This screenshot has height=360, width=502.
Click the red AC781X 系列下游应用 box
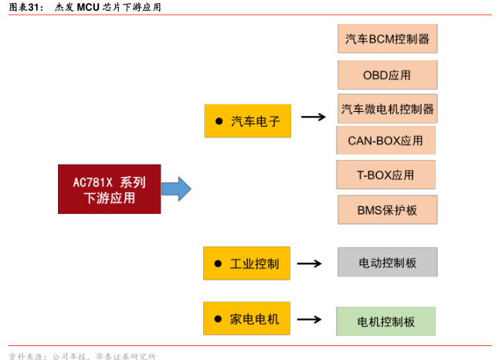(x=109, y=189)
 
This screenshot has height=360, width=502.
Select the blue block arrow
(x=175, y=189)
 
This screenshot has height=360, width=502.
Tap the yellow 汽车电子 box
(x=247, y=121)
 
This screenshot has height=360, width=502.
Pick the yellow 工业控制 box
(x=246, y=263)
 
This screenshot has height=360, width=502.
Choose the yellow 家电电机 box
(x=246, y=318)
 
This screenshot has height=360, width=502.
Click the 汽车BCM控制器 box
(x=387, y=39)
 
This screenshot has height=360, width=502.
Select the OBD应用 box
(x=387, y=75)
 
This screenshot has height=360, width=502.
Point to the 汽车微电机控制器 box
(x=387, y=109)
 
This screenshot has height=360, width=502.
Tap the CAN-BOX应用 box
(x=385, y=141)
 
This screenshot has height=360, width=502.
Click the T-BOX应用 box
(x=385, y=175)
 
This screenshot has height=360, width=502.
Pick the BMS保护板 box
(x=387, y=209)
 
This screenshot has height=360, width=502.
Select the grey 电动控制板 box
(x=387, y=263)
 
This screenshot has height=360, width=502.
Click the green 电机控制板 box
(x=385, y=321)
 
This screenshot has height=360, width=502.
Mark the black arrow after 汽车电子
(x=313, y=117)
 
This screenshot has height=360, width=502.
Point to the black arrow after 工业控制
(x=309, y=263)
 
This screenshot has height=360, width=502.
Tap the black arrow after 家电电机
(x=309, y=318)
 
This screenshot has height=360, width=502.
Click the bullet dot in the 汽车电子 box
(x=219, y=121)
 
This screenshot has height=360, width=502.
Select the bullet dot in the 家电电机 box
(x=218, y=318)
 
